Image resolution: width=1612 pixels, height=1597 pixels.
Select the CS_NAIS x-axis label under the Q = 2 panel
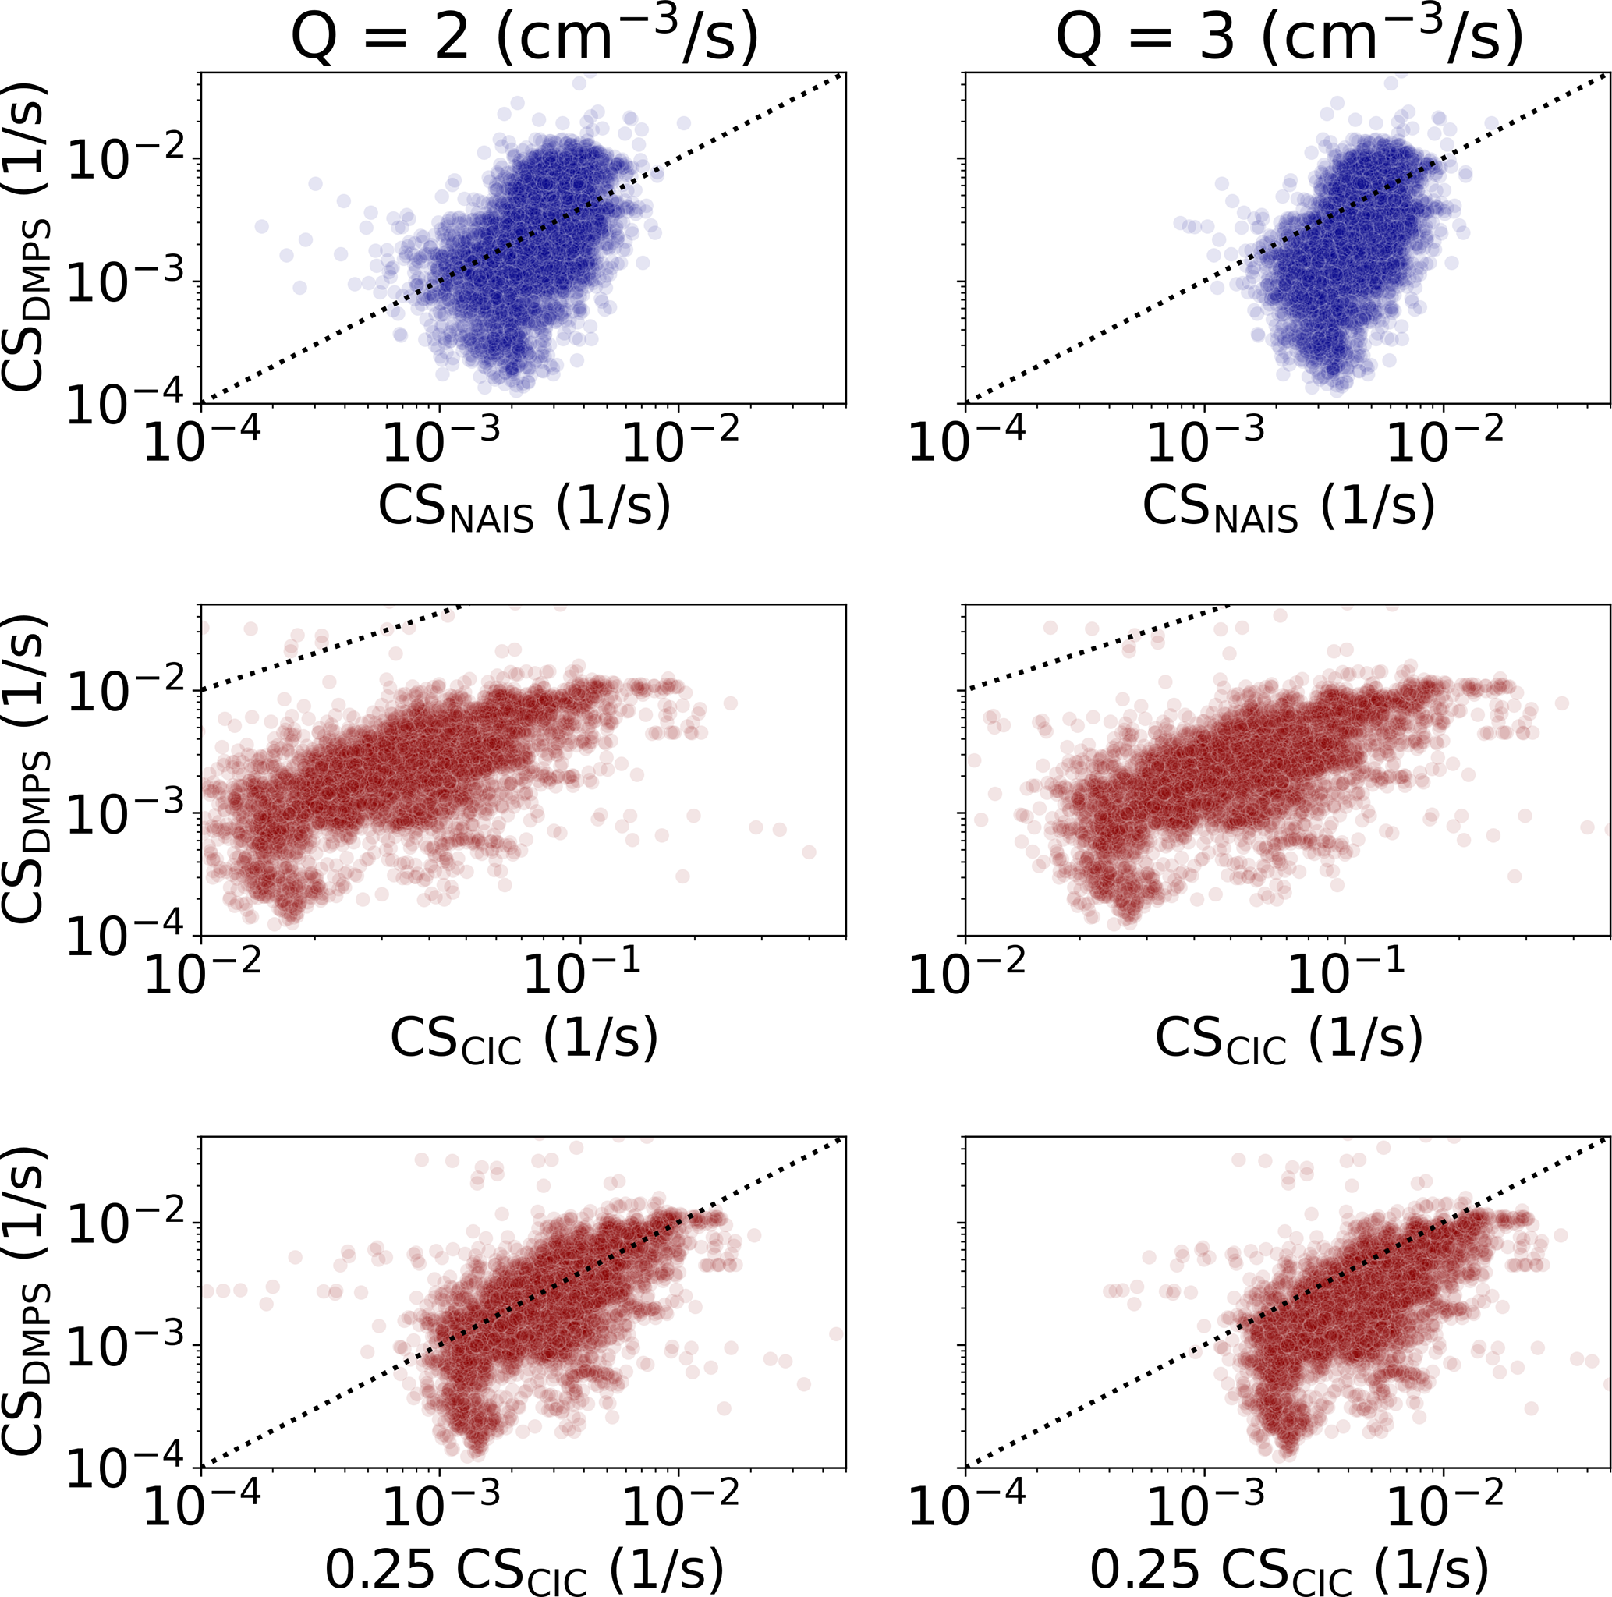click(524, 508)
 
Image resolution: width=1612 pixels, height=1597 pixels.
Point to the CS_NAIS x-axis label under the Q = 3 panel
click(1288, 508)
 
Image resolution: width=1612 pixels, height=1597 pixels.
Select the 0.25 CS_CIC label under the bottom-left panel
click(523, 1572)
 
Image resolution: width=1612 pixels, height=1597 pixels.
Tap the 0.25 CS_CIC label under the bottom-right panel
click(1288, 1572)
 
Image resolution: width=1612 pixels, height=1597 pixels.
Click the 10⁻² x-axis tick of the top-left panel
click(680, 440)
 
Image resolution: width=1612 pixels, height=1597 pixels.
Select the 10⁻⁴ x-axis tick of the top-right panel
click(966, 440)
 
